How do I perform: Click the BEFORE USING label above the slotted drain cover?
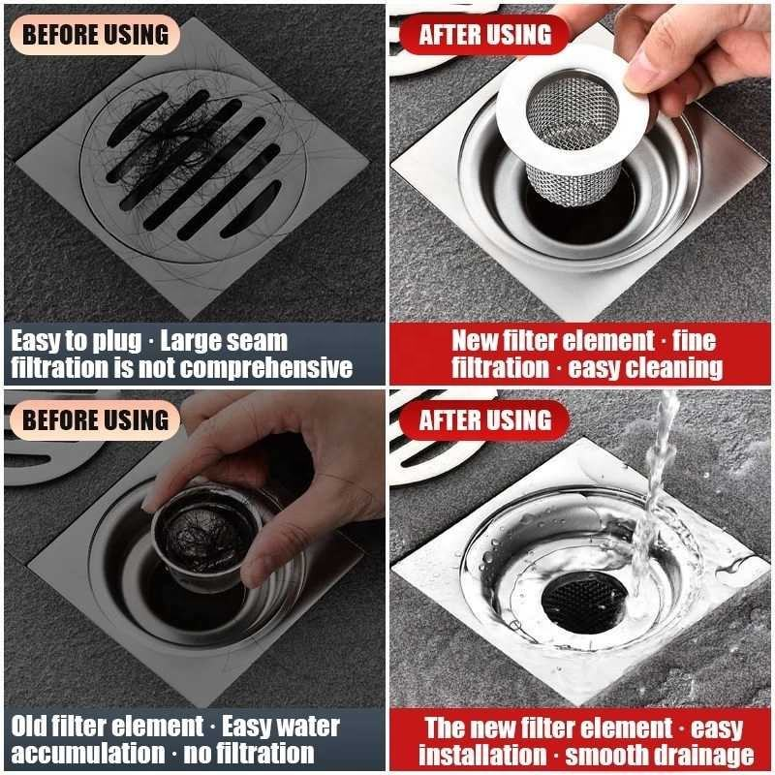95,35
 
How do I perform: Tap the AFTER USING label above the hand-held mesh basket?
485,35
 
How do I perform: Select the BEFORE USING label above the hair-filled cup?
95,419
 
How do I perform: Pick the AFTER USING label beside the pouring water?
485,419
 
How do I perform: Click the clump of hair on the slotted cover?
184,145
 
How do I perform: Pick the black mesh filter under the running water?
584,597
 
